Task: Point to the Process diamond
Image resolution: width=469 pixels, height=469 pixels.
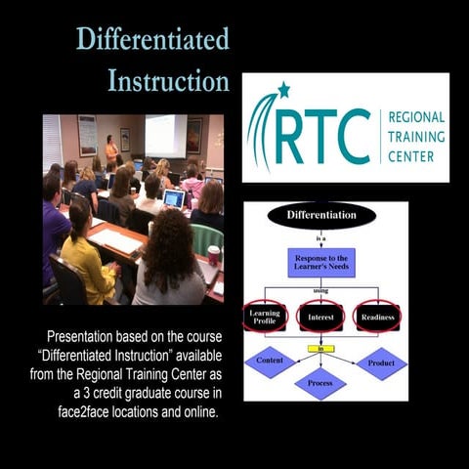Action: tap(320, 383)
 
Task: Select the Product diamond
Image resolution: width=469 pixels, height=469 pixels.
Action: tap(381, 363)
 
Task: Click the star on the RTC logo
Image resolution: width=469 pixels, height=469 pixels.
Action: tap(283, 91)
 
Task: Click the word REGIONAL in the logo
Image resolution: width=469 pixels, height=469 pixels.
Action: tap(416, 117)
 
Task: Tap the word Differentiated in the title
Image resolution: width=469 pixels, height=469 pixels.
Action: tap(152, 41)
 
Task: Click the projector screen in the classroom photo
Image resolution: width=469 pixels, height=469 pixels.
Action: tap(166, 135)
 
